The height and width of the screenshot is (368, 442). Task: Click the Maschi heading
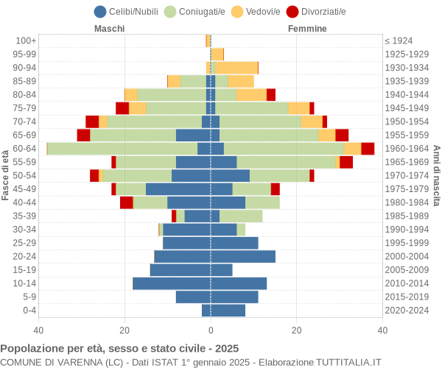pos(109,29)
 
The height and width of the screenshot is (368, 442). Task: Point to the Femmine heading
pos(307,29)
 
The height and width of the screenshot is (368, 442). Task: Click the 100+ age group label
pos(26,40)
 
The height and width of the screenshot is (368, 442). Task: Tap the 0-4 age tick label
pos(29,311)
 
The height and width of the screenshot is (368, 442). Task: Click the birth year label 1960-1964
pos(407,149)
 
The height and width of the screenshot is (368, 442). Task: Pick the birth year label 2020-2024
pos(407,311)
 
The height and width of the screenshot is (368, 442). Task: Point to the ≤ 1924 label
pos(399,40)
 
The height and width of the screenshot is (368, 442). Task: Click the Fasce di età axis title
pos(6,175)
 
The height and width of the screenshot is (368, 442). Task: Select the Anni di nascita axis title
pos(436,175)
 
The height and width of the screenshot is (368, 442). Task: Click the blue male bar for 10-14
pos(172,283)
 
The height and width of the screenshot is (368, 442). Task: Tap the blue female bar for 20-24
pos(243,256)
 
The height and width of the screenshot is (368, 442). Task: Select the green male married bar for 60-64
pos(122,149)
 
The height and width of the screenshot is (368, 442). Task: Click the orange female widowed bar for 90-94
pos(236,68)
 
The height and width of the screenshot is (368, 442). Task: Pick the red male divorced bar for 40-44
pos(127,202)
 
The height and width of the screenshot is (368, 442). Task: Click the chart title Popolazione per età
pos(119,348)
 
